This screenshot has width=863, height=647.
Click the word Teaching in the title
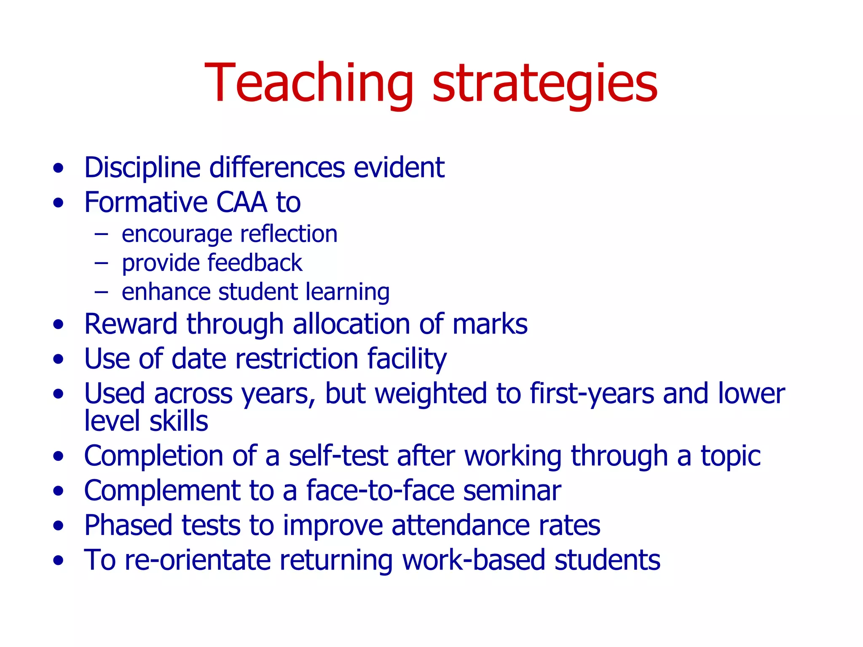tap(309, 83)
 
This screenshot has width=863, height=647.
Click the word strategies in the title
tap(545, 83)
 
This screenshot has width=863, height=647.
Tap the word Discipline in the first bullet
tap(142, 168)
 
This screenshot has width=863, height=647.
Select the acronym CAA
tap(241, 202)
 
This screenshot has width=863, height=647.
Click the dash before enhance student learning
tap(101, 291)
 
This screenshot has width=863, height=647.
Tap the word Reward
tap(131, 324)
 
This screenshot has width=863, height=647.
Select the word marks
tap(490, 324)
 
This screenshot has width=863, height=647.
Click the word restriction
tap(297, 359)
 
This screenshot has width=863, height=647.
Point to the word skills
tap(179, 421)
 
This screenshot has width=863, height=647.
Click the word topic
tap(731, 457)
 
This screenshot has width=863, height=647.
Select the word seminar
tap(512, 491)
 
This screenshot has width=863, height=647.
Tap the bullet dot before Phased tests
tap(59, 526)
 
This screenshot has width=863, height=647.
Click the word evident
tap(399, 168)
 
